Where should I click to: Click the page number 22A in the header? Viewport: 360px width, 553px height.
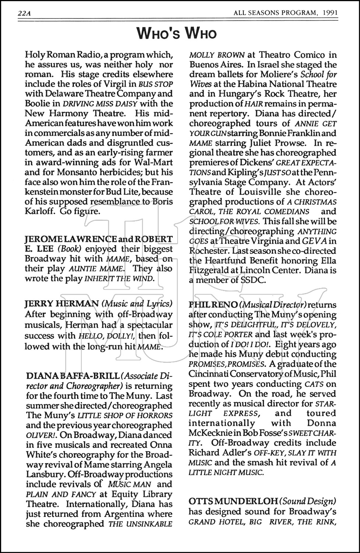click(24, 14)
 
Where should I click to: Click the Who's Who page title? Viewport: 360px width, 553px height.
click(176, 33)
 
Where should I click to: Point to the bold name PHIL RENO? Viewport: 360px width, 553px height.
click(213, 305)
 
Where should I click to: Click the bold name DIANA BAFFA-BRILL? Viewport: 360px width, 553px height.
click(72, 376)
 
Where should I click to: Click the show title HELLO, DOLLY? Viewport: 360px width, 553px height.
click(104, 336)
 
